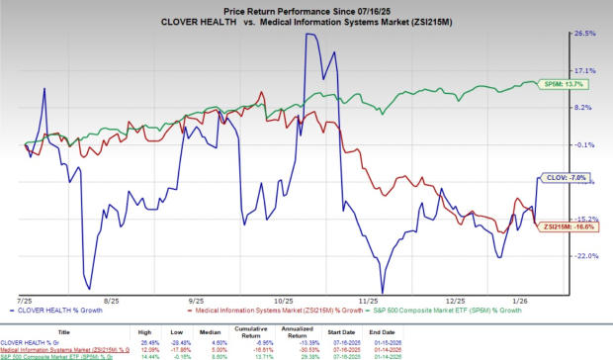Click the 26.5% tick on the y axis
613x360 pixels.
pyautogui.click(x=584, y=33)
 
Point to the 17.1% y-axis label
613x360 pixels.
pyautogui.click(x=584, y=70)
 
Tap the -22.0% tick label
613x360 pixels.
pyautogui.click(x=583, y=255)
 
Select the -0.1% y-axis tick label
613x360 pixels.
pyautogui.click(x=584, y=144)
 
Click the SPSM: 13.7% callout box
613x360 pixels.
pyautogui.click(x=552, y=83)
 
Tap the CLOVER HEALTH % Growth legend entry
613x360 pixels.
pyautogui.click(x=53, y=310)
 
